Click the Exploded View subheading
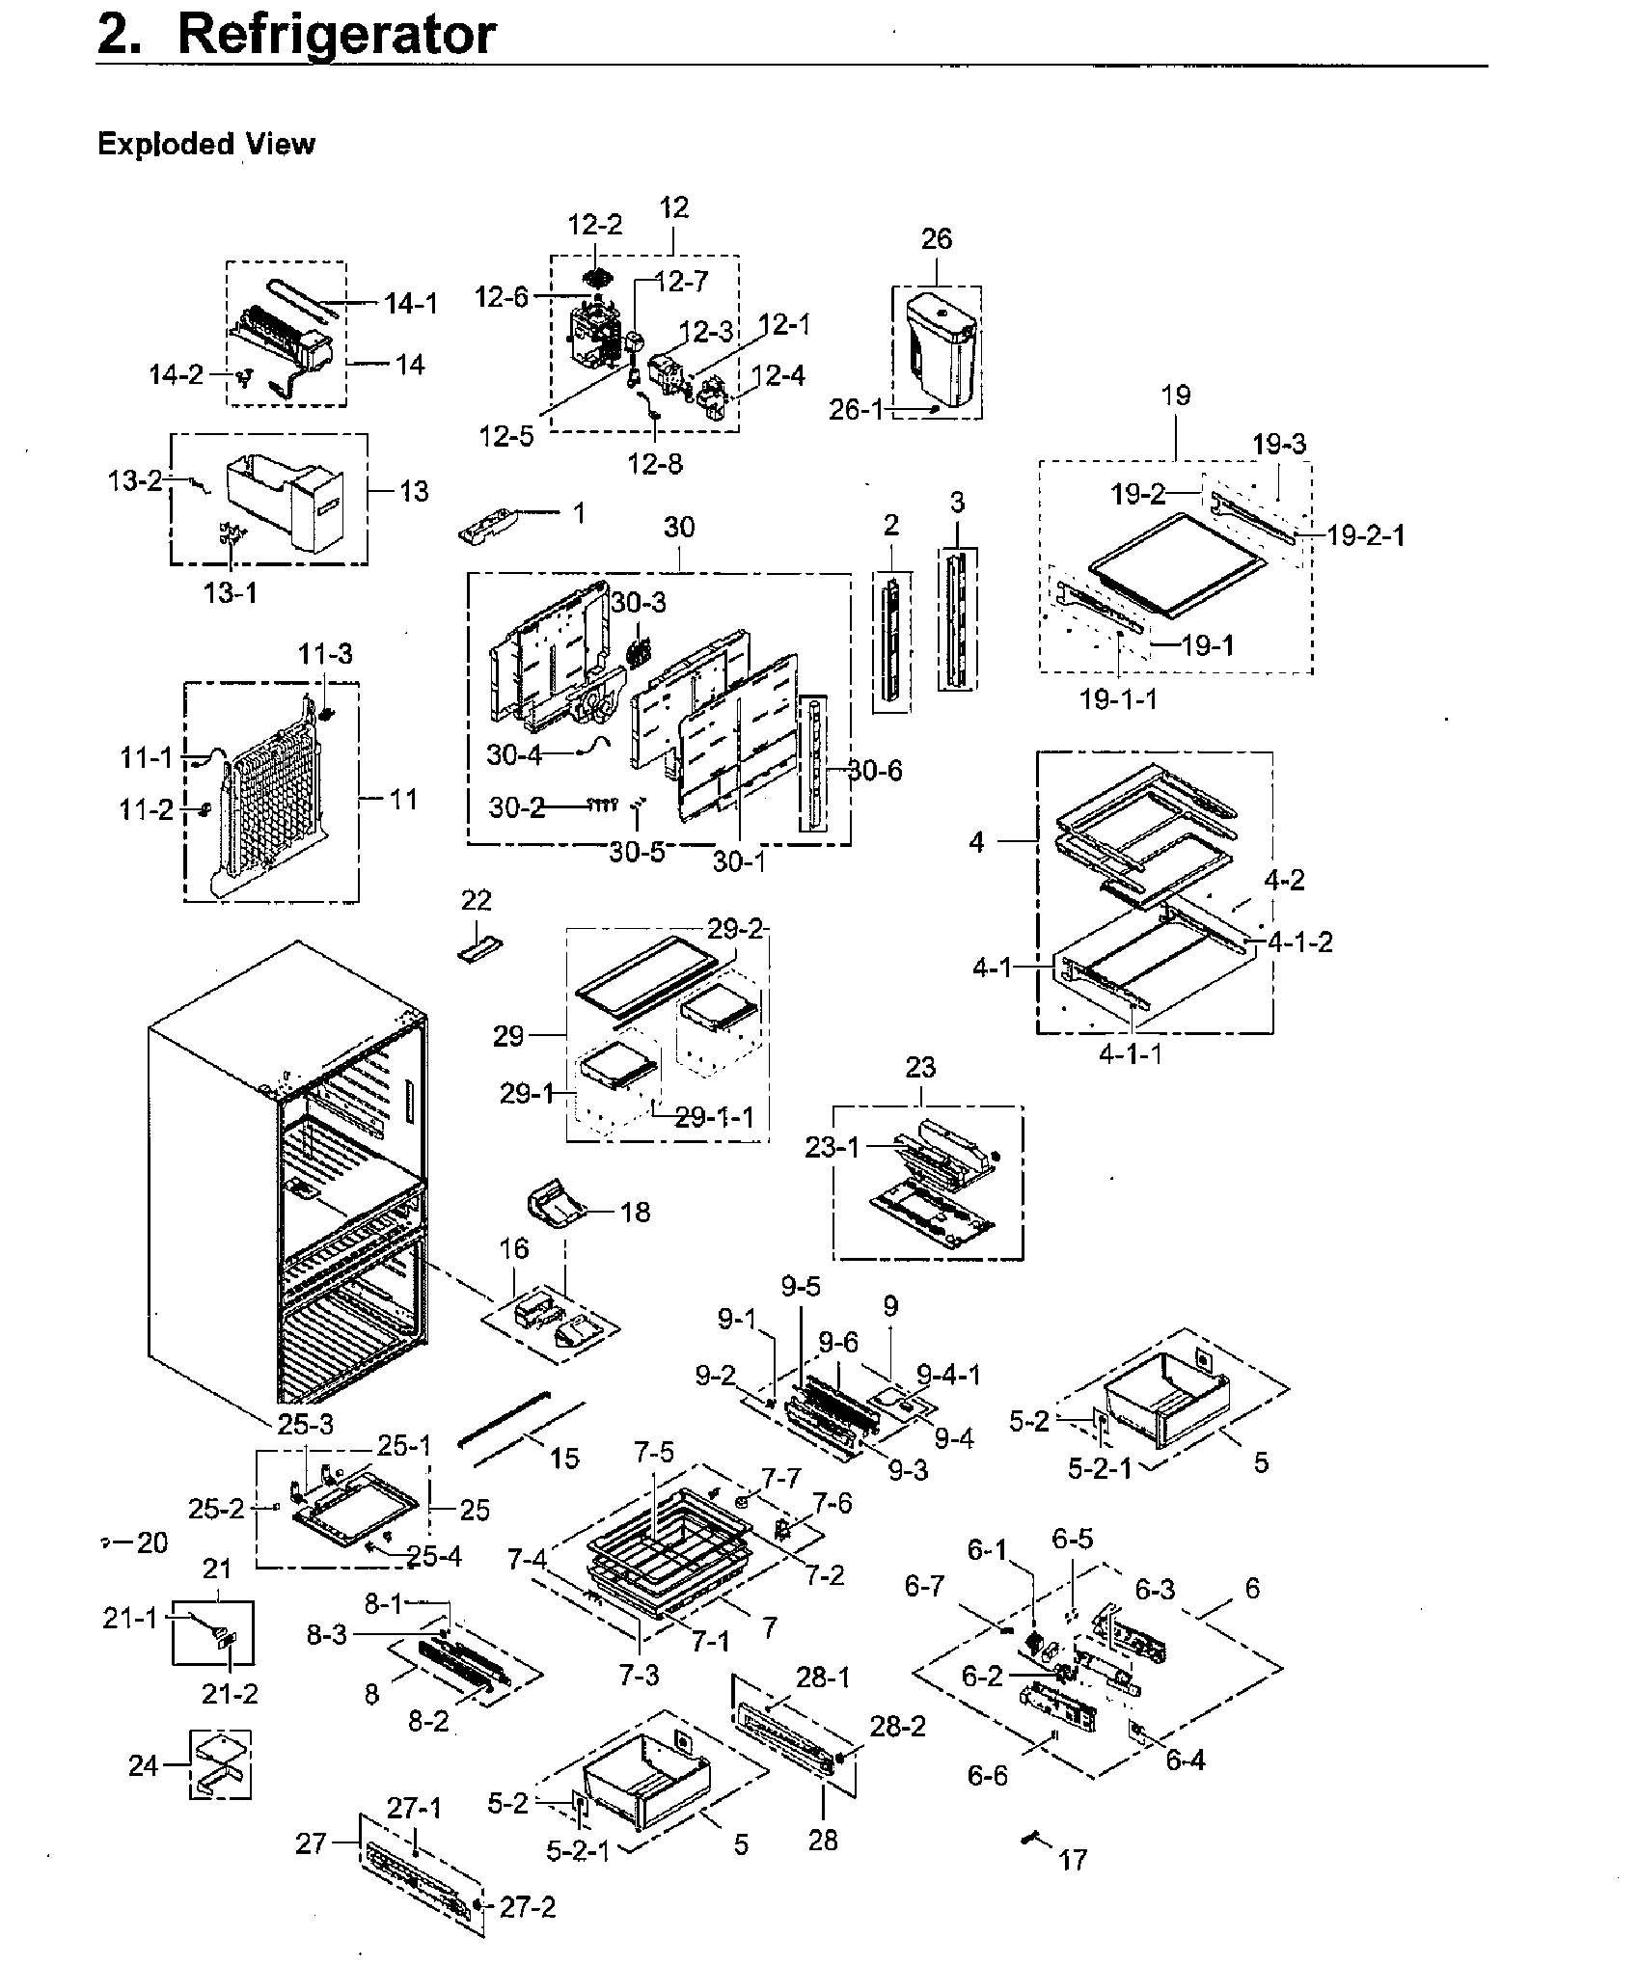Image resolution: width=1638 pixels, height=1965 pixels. coord(205,145)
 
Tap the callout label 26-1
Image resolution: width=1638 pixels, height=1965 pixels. coord(856,410)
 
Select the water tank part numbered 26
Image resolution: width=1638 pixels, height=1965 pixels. coord(938,353)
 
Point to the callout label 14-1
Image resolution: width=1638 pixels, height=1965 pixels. coord(410,305)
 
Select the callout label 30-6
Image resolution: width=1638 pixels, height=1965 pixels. coord(875,770)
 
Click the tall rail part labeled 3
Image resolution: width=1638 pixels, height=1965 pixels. coord(957,617)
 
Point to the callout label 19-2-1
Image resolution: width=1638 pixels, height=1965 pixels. coord(1365,534)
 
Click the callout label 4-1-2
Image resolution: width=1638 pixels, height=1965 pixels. coord(1299,942)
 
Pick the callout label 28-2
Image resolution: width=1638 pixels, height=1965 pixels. coord(897,1726)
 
